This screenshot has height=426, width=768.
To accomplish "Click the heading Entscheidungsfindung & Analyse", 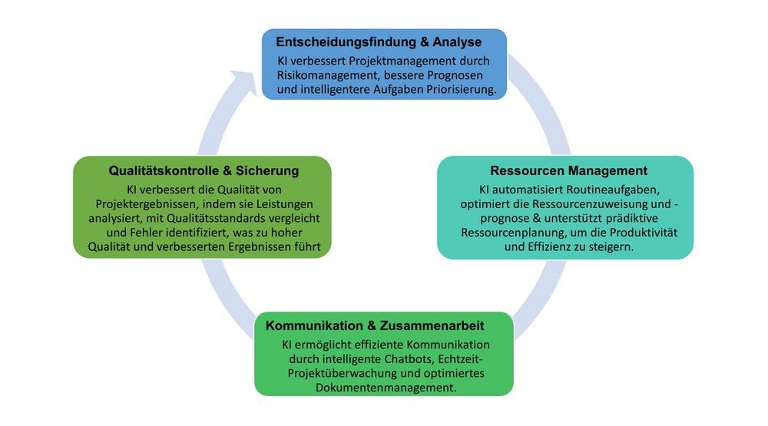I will coord(379,41).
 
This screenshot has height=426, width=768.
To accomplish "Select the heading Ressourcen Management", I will coord(569,170).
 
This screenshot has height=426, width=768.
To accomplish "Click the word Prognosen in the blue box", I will coord(465,75).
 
